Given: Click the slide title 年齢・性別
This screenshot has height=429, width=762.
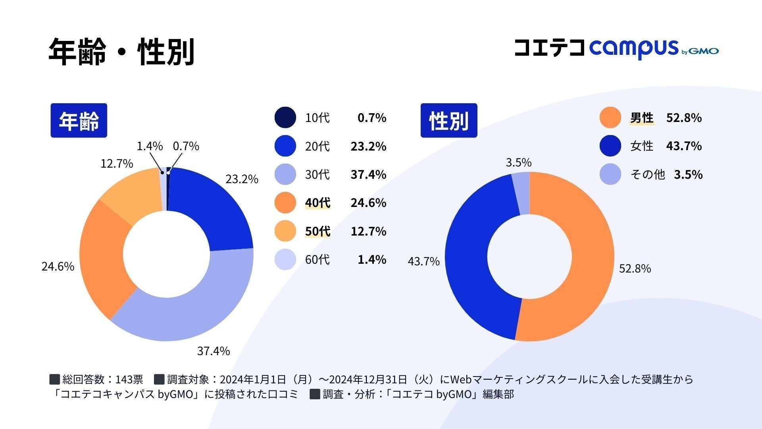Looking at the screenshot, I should pyautogui.click(x=121, y=52).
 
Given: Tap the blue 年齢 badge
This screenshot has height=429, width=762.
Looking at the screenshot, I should pyautogui.click(x=79, y=120).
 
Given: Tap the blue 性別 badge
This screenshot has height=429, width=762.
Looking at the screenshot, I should pyautogui.click(x=448, y=120).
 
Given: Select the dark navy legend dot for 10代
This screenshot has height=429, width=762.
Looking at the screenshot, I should pyautogui.click(x=285, y=118).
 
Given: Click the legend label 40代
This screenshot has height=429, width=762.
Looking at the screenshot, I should pyautogui.click(x=317, y=203).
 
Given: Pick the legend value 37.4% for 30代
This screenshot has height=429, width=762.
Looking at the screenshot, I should pyautogui.click(x=368, y=174).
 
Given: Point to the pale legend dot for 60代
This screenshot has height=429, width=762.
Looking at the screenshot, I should pyautogui.click(x=285, y=260).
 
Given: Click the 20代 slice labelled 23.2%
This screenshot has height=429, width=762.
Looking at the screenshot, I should pyautogui.click(x=214, y=207).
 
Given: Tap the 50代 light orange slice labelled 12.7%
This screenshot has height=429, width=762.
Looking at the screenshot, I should pyautogui.click(x=131, y=191).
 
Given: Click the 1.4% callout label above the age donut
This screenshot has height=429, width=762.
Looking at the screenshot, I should pyautogui.click(x=150, y=146).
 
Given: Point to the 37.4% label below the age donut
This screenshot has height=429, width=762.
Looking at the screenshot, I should pyautogui.click(x=214, y=351).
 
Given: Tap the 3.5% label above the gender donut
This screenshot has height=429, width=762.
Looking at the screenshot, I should pyautogui.click(x=518, y=162).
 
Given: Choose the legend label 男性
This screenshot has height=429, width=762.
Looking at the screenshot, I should pyautogui.click(x=641, y=118).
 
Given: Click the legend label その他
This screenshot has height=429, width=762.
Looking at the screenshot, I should pyautogui.click(x=647, y=175).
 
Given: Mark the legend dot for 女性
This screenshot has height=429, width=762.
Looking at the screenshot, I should pyautogui.click(x=610, y=146).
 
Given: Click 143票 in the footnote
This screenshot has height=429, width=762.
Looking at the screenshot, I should pyautogui.click(x=129, y=380).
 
